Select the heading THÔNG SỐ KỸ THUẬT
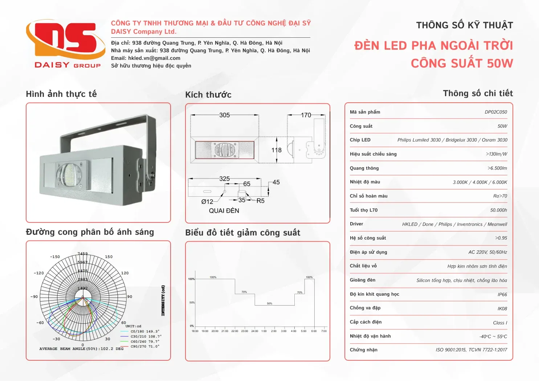[x=464, y=25]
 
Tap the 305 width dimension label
[x=224, y=115]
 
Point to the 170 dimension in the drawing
[x=306, y=115]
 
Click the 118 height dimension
[x=276, y=150]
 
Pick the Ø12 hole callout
[x=207, y=201]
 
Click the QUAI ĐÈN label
[x=224, y=210]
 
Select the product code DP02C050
[x=495, y=112]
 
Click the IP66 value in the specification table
[x=502, y=295]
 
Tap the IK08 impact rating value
[x=502, y=309]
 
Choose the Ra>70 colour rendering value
[x=500, y=196]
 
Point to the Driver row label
[x=356, y=224]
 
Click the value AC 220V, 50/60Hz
[x=487, y=252]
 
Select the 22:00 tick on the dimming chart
[x=234, y=331]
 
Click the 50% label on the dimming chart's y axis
[x=192, y=303]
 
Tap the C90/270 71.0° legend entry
[x=144, y=346]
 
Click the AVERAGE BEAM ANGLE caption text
[x=81, y=349]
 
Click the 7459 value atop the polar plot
[x=82, y=254]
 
